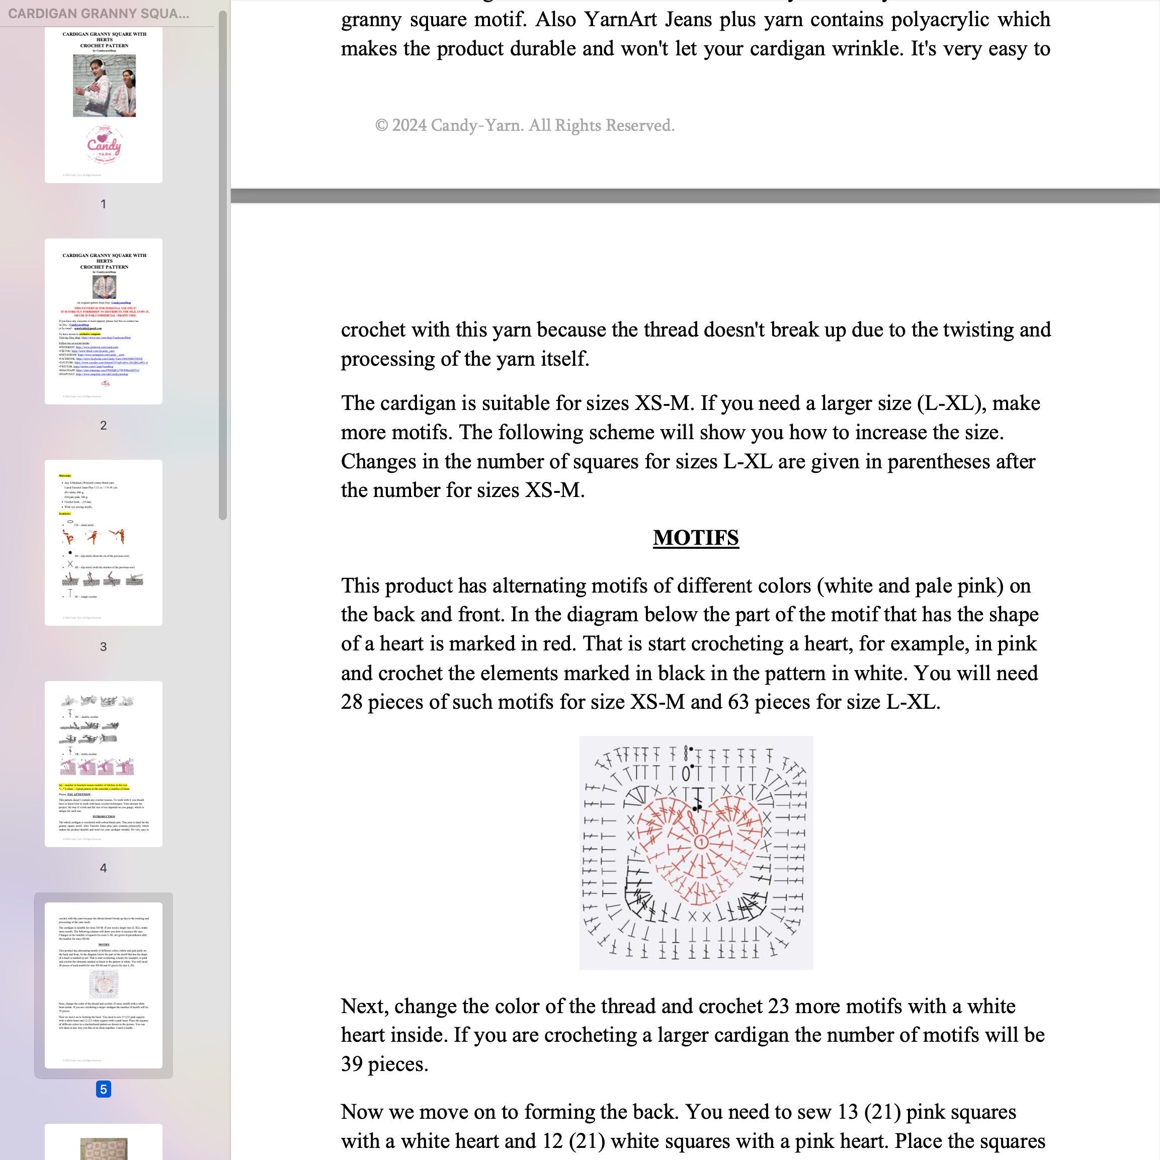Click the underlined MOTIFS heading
pos(695,537)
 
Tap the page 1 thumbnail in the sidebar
pos(103,106)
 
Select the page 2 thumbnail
pos(103,321)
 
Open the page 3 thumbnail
pos(103,542)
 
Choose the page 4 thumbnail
pos(103,764)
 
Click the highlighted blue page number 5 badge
pos(103,1089)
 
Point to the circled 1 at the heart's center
pos(700,843)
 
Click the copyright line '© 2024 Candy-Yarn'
pos(524,125)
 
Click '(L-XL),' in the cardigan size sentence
pos(952,403)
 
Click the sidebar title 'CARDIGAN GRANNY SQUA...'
pos(99,14)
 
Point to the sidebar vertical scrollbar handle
pos(223,264)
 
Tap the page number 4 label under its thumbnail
pos(103,868)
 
